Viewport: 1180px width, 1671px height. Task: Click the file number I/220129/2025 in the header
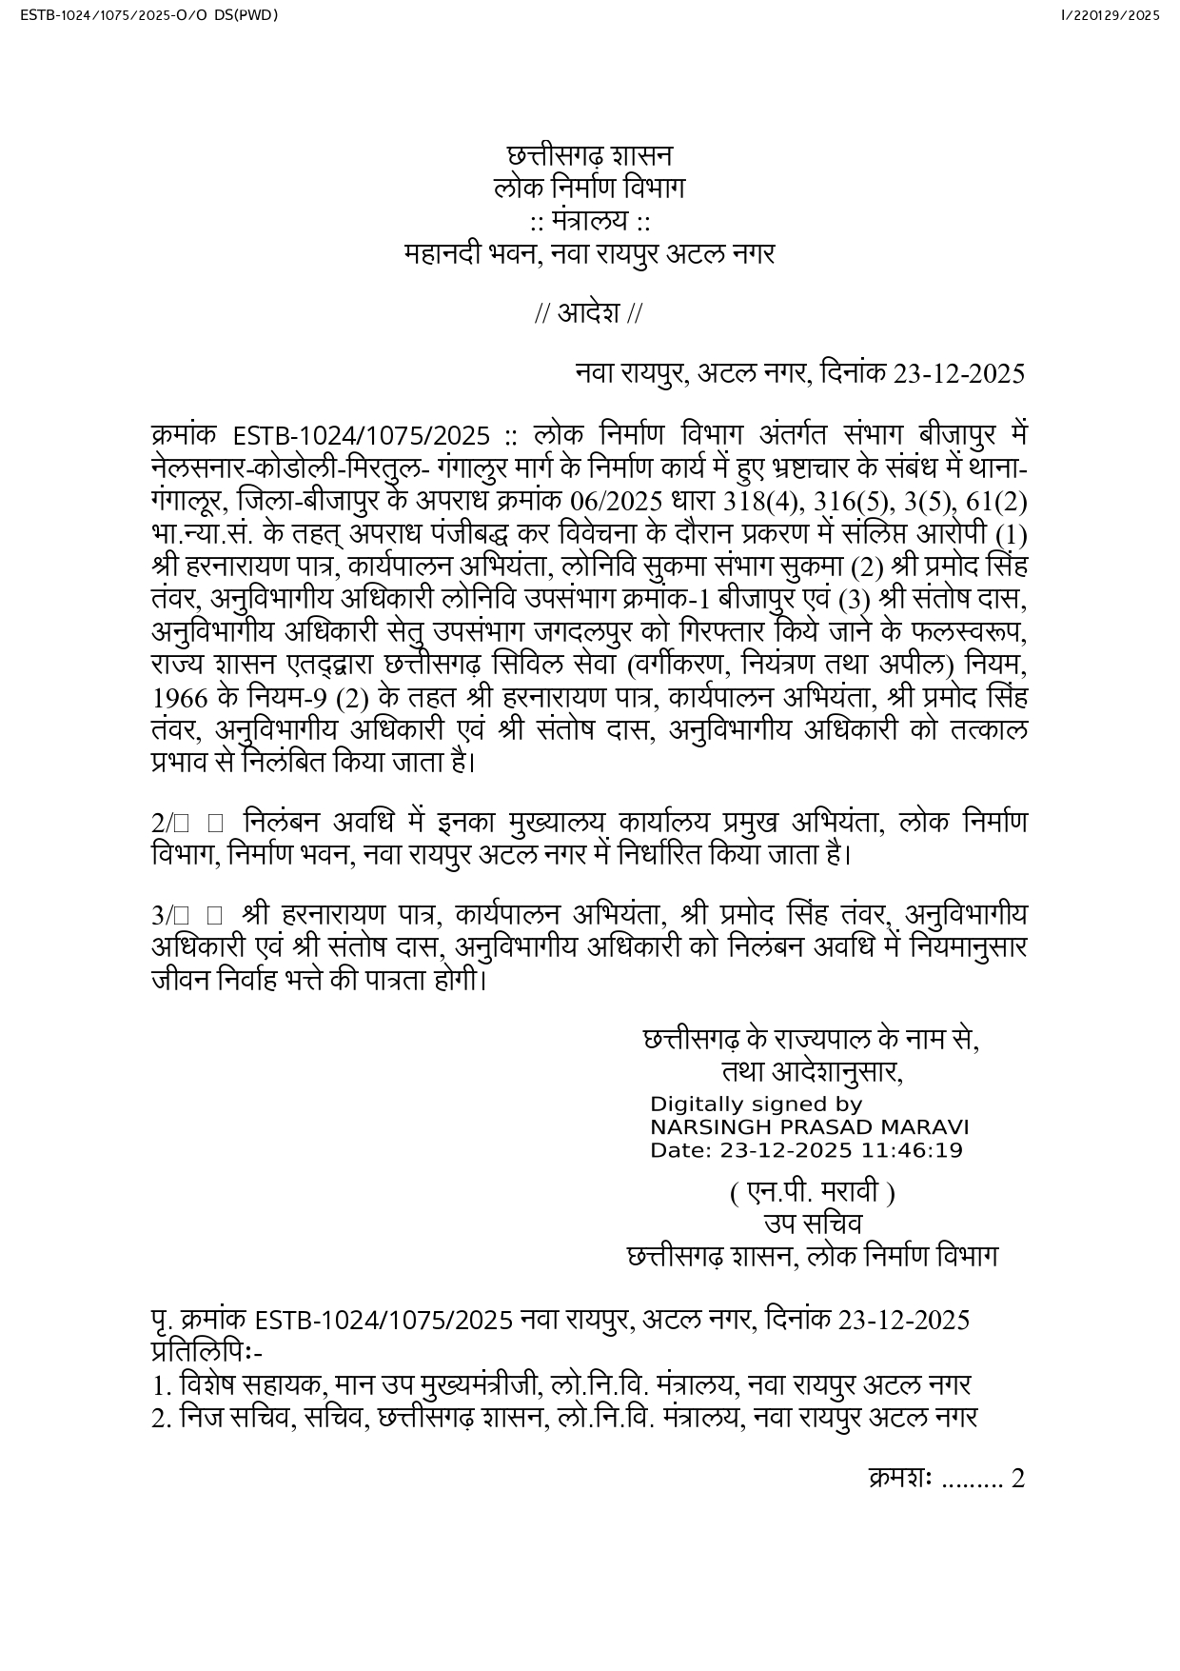[1110, 15]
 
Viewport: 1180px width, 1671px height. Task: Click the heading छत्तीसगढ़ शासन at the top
[589, 155]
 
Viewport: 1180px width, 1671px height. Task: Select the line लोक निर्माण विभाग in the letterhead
[589, 188]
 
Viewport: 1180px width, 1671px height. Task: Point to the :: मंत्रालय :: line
[590, 221]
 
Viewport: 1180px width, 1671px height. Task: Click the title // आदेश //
[588, 313]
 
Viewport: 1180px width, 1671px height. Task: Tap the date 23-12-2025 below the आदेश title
[958, 373]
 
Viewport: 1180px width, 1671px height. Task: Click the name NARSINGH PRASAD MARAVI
[809, 1127]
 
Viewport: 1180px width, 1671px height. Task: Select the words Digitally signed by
[756, 1104]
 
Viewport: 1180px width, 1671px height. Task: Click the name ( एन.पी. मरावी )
[812, 1192]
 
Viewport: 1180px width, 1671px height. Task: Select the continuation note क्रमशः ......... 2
[946, 1479]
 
